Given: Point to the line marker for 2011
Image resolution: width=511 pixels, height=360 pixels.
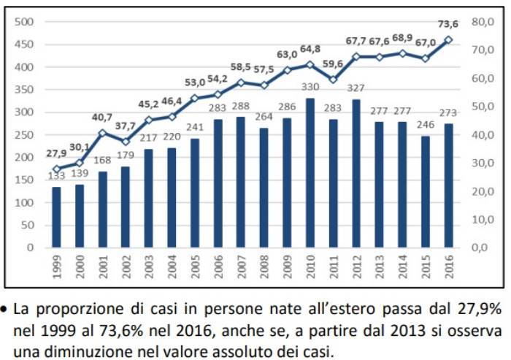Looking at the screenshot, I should pyautogui.click(x=333, y=80).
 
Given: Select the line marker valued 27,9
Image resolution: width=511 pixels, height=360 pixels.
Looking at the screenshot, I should pyautogui.click(x=56, y=169).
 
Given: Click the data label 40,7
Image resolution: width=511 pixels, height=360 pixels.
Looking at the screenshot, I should pyautogui.click(x=102, y=117).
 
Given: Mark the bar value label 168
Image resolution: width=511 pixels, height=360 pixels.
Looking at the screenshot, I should pyautogui.click(x=102, y=161).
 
